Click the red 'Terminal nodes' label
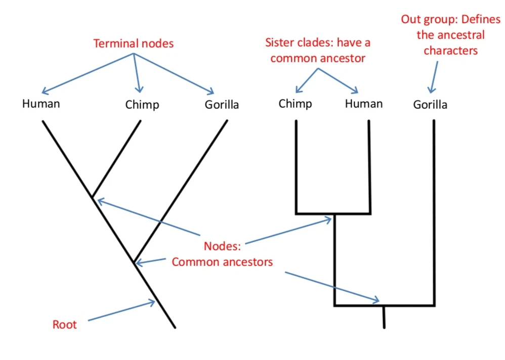click(x=133, y=43)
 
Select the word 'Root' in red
click(x=65, y=325)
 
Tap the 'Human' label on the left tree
click(x=41, y=104)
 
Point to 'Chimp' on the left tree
click(x=142, y=105)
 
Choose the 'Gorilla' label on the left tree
click(x=222, y=105)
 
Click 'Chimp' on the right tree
click(x=295, y=104)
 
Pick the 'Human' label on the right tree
click(x=364, y=104)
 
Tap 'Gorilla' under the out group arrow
click(x=430, y=105)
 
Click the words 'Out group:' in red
click(x=423, y=20)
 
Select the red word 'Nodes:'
click(x=223, y=246)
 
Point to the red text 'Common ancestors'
click(x=222, y=262)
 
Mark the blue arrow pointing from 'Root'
click(x=121, y=311)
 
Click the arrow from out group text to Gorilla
click(x=433, y=76)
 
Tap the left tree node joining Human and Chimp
click(x=92, y=196)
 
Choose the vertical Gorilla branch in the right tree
click(x=434, y=212)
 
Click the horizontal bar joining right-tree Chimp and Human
click(x=333, y=213)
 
